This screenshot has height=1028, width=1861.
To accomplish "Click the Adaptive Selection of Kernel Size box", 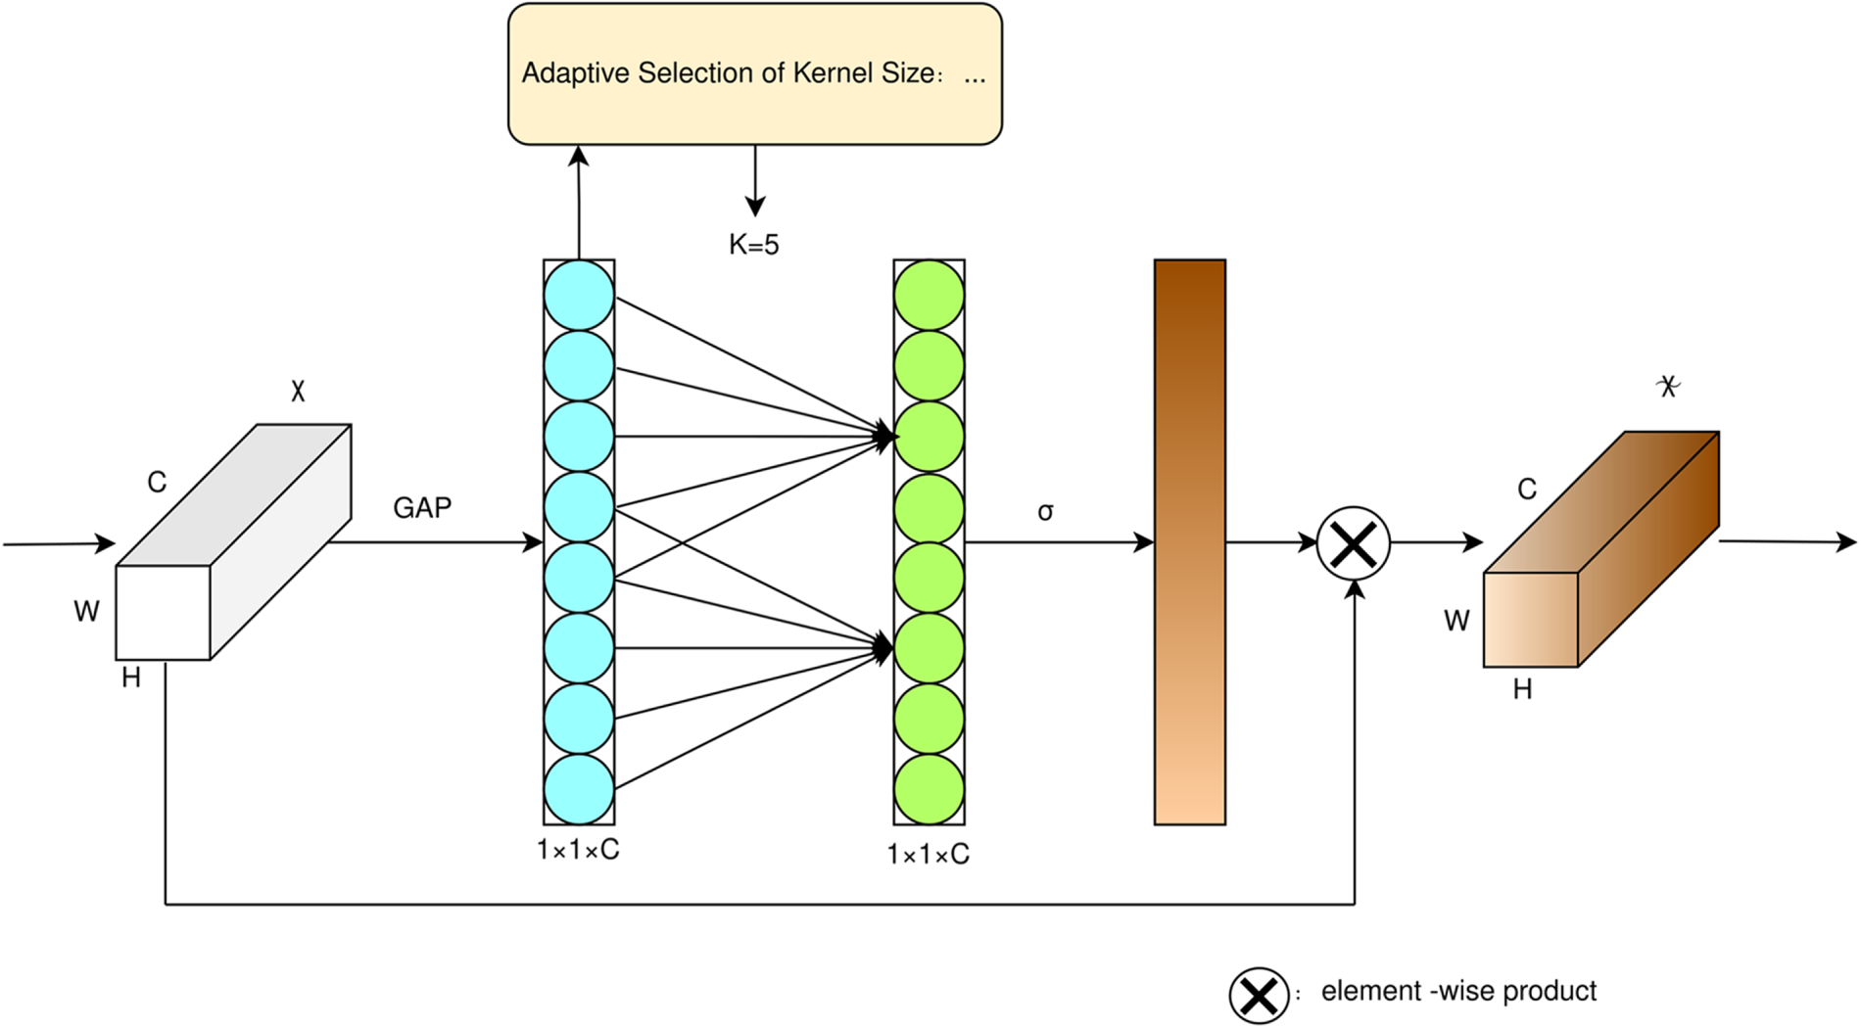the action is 754,74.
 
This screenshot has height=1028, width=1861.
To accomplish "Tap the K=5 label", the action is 753,245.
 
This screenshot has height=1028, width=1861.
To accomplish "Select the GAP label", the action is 422,508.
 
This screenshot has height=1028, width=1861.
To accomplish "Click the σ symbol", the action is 1045,512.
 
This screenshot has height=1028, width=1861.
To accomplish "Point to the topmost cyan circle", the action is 579,295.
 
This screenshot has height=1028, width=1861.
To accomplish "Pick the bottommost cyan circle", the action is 579,789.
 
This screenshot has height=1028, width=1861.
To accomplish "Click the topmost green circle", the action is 929,295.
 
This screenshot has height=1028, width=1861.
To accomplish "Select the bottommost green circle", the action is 929,789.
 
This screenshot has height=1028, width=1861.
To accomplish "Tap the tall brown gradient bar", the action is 1190,542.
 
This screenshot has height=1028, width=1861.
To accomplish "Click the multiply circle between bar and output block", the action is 1354,543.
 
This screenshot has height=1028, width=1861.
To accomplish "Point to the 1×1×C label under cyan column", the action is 578,850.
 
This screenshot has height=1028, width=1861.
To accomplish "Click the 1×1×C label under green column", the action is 928,855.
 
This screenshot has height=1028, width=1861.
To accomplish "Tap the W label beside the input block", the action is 86,612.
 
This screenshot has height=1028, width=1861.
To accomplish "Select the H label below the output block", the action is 1522,690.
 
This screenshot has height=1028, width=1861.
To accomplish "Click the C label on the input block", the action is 157,483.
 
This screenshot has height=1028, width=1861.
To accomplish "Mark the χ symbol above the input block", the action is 298,392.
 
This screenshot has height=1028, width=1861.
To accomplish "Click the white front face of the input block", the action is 163,613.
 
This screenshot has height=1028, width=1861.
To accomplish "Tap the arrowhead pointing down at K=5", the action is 754,207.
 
